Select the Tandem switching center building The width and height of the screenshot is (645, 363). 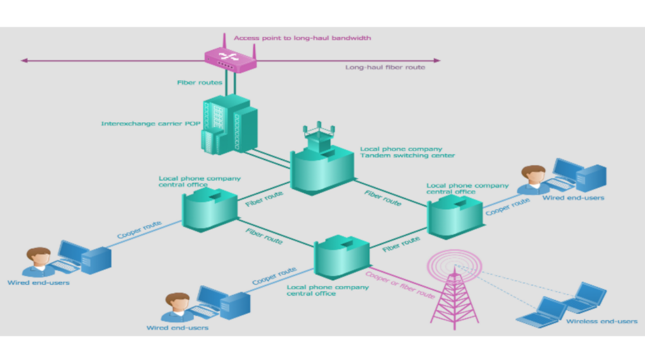click(321, 168)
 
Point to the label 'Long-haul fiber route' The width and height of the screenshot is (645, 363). click(385, 67)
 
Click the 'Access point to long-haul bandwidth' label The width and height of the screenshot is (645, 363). click(302, 38)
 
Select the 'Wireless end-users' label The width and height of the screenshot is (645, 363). click(601, 321)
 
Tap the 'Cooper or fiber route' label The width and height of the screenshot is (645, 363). click(401, 285)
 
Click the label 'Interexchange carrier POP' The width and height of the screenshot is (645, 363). click(151, 124)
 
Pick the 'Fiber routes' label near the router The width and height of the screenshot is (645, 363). click(199, 83)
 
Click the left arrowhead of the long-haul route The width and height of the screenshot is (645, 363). click(24, 60)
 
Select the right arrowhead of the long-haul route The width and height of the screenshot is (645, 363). click(437, 60)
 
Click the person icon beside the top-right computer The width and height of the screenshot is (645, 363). click(534, 180)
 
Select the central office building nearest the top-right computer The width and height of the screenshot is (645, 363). click(455, 216)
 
